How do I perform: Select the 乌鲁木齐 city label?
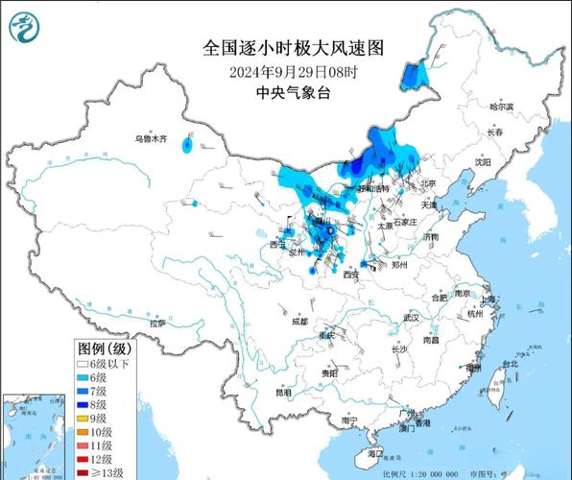click(x=151, y=139)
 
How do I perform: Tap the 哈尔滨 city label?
click(x=501, y=107)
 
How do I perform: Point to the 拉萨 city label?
click(x=157, y=324)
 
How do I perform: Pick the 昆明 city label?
click(x=282, y=392)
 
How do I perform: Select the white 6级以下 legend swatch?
click(x=83, y=362)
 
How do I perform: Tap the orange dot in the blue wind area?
click(x=329, y=230)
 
